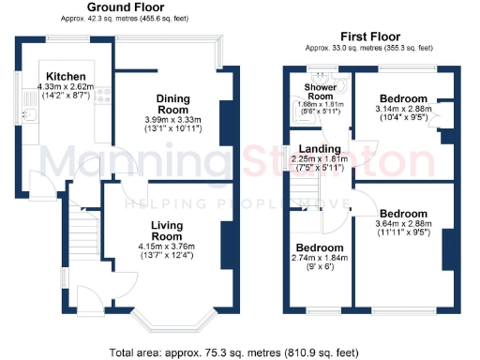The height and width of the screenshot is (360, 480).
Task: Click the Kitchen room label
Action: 67,76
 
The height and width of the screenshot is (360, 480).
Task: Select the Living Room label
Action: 166,231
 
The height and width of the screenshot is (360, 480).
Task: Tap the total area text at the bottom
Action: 234,352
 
